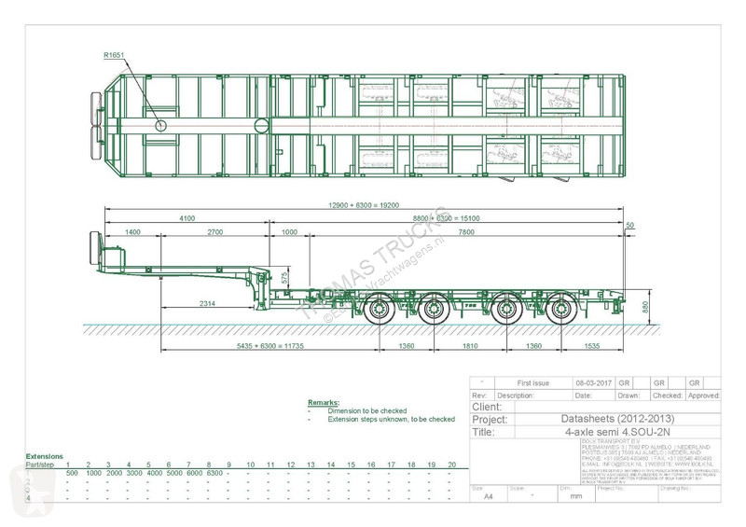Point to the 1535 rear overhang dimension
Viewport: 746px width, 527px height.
click(593, 346)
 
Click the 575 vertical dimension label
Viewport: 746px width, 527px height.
click(284, 279)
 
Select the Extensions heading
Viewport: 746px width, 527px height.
click(46, 456)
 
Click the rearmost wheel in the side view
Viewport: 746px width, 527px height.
click(559, 311)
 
